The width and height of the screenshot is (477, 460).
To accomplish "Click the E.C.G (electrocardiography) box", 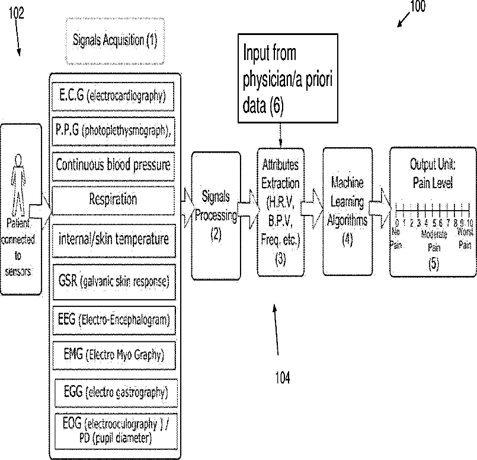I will (x=113, y=94).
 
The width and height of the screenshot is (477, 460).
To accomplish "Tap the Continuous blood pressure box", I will (x=113, y=164).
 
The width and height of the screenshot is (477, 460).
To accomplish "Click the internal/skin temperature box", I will (x=113, y=239).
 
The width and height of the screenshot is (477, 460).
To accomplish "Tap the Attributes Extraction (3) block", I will (x=280, y=210).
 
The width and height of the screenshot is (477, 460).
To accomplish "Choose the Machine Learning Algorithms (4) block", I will (x=347, y=210).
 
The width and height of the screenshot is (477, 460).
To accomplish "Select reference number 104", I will (x=282, y=377).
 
